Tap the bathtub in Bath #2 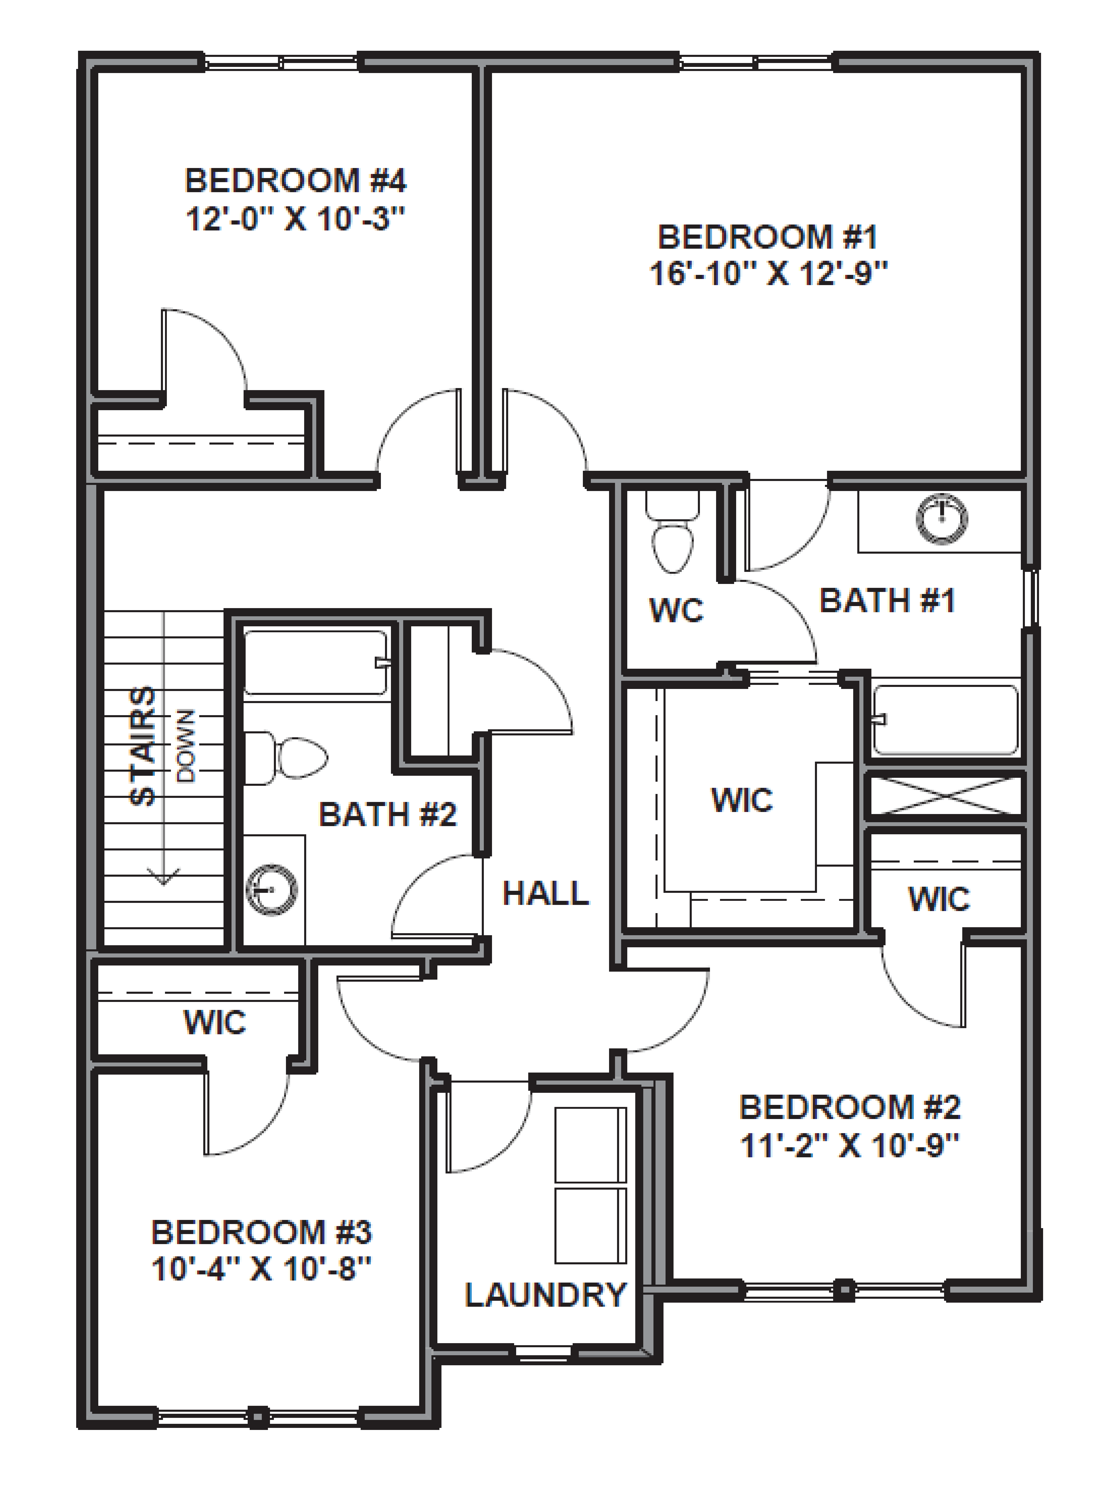(x=315, y=662)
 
